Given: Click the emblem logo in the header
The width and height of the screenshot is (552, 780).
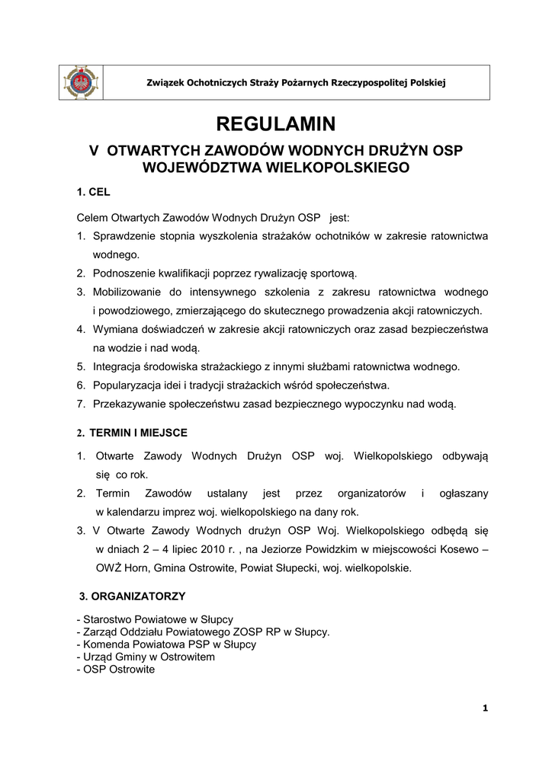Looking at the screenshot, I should coord(82,82).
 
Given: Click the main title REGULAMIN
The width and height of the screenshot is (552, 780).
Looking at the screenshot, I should coord(275,123).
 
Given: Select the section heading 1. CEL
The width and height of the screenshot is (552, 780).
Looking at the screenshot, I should coord(94,193).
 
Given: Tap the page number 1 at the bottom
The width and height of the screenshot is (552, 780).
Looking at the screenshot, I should coord(485,709).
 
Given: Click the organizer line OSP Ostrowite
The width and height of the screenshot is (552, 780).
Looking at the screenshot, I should coord(118,670).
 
